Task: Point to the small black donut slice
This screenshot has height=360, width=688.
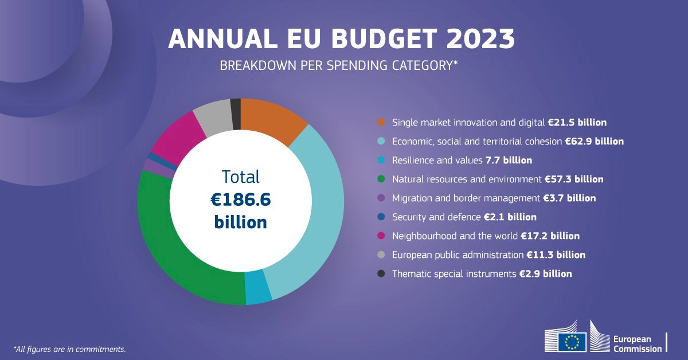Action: (235, 107)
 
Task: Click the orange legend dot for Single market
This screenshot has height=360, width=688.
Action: (381, 122)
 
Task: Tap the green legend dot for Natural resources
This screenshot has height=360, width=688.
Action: (381, 179)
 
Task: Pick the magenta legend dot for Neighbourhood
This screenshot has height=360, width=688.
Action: (381, 236)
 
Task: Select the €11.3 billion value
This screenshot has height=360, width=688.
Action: (556, 255)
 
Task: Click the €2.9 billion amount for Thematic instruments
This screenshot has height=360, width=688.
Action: (545, 273)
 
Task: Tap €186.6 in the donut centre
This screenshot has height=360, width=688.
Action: (241, 199)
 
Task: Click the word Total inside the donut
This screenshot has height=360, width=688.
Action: (241, 177)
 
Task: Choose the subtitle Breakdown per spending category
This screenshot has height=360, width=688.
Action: (338, 65)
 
